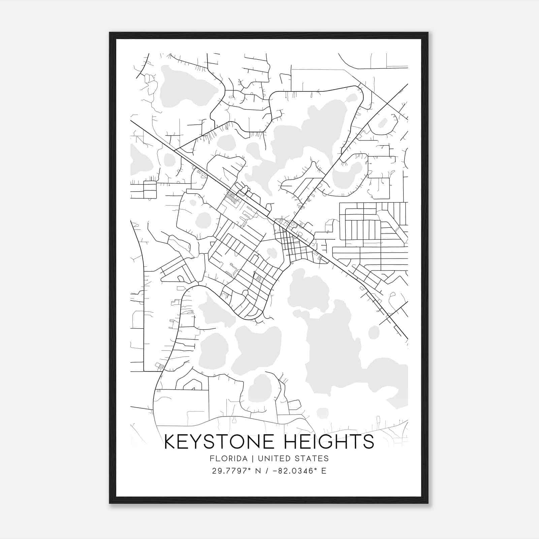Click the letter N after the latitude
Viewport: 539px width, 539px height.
tap(258, 471)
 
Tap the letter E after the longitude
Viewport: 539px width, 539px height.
tap(324, 471)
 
